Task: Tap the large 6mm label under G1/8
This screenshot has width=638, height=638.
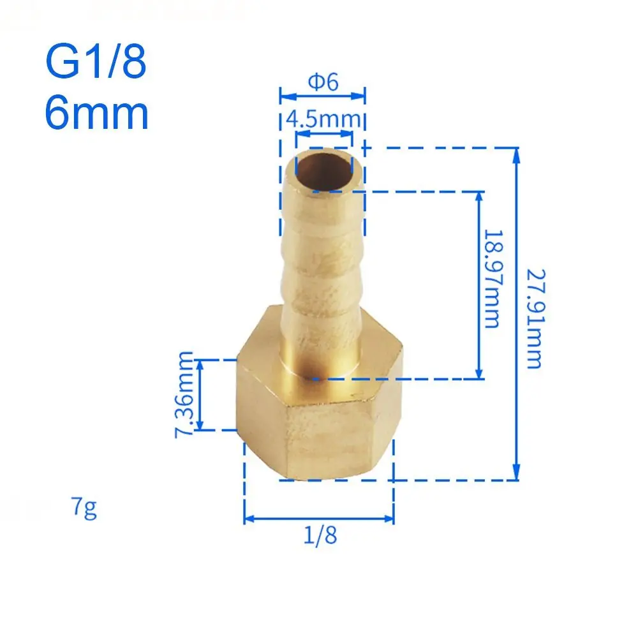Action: pos(96,113)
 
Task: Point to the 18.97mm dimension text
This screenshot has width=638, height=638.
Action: pos(491,279)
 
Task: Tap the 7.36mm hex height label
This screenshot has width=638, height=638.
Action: pos(186,394)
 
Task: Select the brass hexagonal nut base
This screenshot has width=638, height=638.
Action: pos(319,415)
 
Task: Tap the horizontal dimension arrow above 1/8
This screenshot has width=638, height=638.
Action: pos(319,518)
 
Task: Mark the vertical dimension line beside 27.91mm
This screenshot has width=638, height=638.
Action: pos(517,313)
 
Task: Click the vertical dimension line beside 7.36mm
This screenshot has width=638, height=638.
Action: pos(201,394)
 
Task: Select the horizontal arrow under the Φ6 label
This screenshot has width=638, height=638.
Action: pos(322,96)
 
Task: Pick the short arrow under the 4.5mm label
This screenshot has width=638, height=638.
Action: pos(323,134)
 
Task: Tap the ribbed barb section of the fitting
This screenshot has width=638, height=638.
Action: pos(323,255)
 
